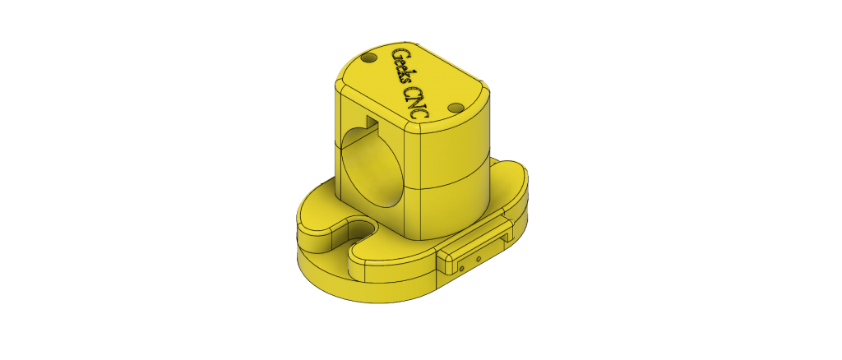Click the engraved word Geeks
[403, 67]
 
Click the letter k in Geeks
[405, 75]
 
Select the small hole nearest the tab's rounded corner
[462, 268]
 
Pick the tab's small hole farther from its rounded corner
[479, 258]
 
